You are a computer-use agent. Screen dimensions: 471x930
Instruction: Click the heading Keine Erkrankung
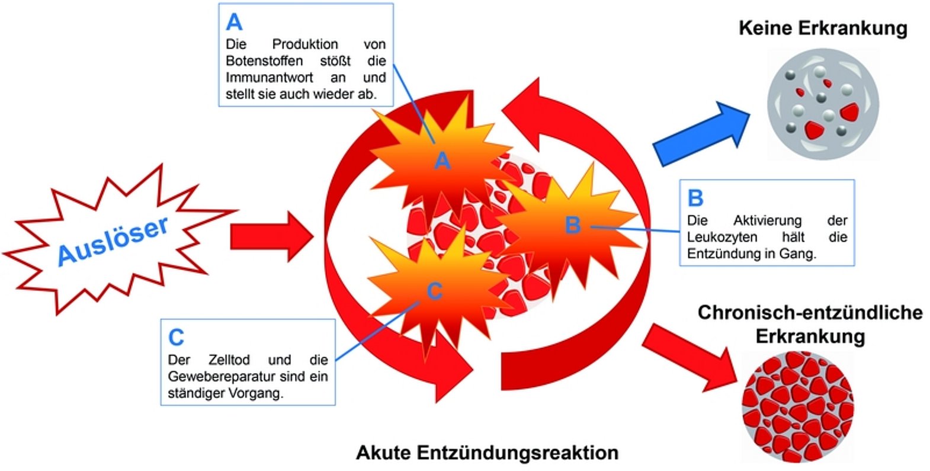[823, 28]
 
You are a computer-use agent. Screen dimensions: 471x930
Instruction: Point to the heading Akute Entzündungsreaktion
[487, 453]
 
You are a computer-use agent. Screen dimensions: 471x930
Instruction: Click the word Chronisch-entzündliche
[810, 312]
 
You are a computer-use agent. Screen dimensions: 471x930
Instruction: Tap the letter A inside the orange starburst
[442, 161]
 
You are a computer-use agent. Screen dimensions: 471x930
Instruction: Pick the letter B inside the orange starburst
[572, 225]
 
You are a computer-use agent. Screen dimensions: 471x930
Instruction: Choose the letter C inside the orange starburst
[434, 291]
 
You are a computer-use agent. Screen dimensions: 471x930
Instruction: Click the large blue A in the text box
[234, 23]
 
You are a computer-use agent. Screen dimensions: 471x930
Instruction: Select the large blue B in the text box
[695, 198]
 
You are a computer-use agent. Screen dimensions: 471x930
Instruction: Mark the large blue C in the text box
[176, 337]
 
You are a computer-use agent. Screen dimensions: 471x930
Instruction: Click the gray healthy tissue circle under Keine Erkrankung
[823, 105]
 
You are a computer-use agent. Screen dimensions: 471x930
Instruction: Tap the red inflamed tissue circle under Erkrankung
[797, 407]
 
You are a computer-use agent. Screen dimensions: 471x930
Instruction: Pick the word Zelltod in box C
[229, 360]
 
